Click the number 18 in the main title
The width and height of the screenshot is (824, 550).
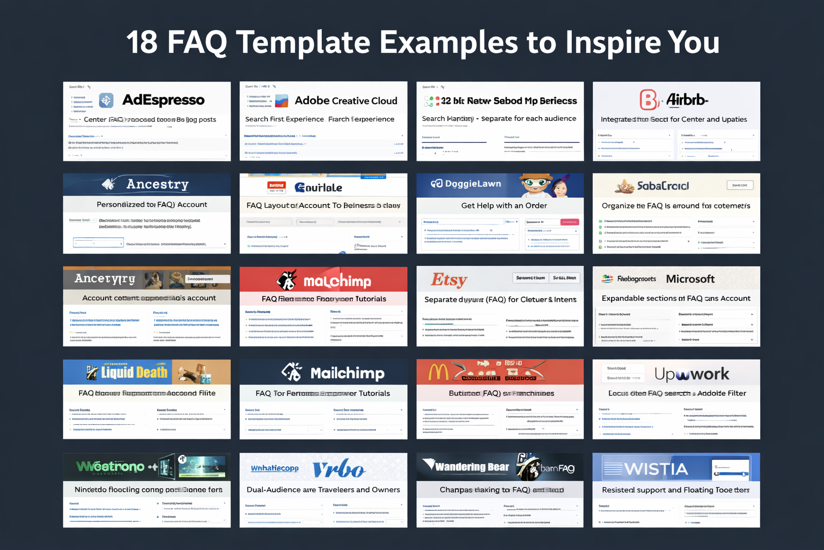point(142,42)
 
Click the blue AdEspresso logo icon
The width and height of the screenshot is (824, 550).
point(106,100)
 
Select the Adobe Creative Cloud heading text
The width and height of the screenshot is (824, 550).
point(346,100)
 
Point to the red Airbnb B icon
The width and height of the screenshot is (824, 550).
point(649,100)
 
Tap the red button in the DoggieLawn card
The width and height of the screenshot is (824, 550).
point(569,222)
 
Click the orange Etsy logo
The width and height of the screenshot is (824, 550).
point(449,279)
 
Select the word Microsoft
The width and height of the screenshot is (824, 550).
point(690,279)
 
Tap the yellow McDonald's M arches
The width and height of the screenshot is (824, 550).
point(438,372)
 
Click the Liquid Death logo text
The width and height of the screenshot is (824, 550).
point(134,372)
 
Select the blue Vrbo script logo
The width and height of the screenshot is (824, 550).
point(339,469)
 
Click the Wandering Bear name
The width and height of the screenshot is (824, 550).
point(472,467)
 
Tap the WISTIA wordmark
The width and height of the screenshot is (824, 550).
point(656,469)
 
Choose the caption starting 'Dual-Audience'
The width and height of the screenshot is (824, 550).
point(323,490)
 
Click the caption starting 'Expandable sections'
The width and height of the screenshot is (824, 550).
point(676,299)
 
